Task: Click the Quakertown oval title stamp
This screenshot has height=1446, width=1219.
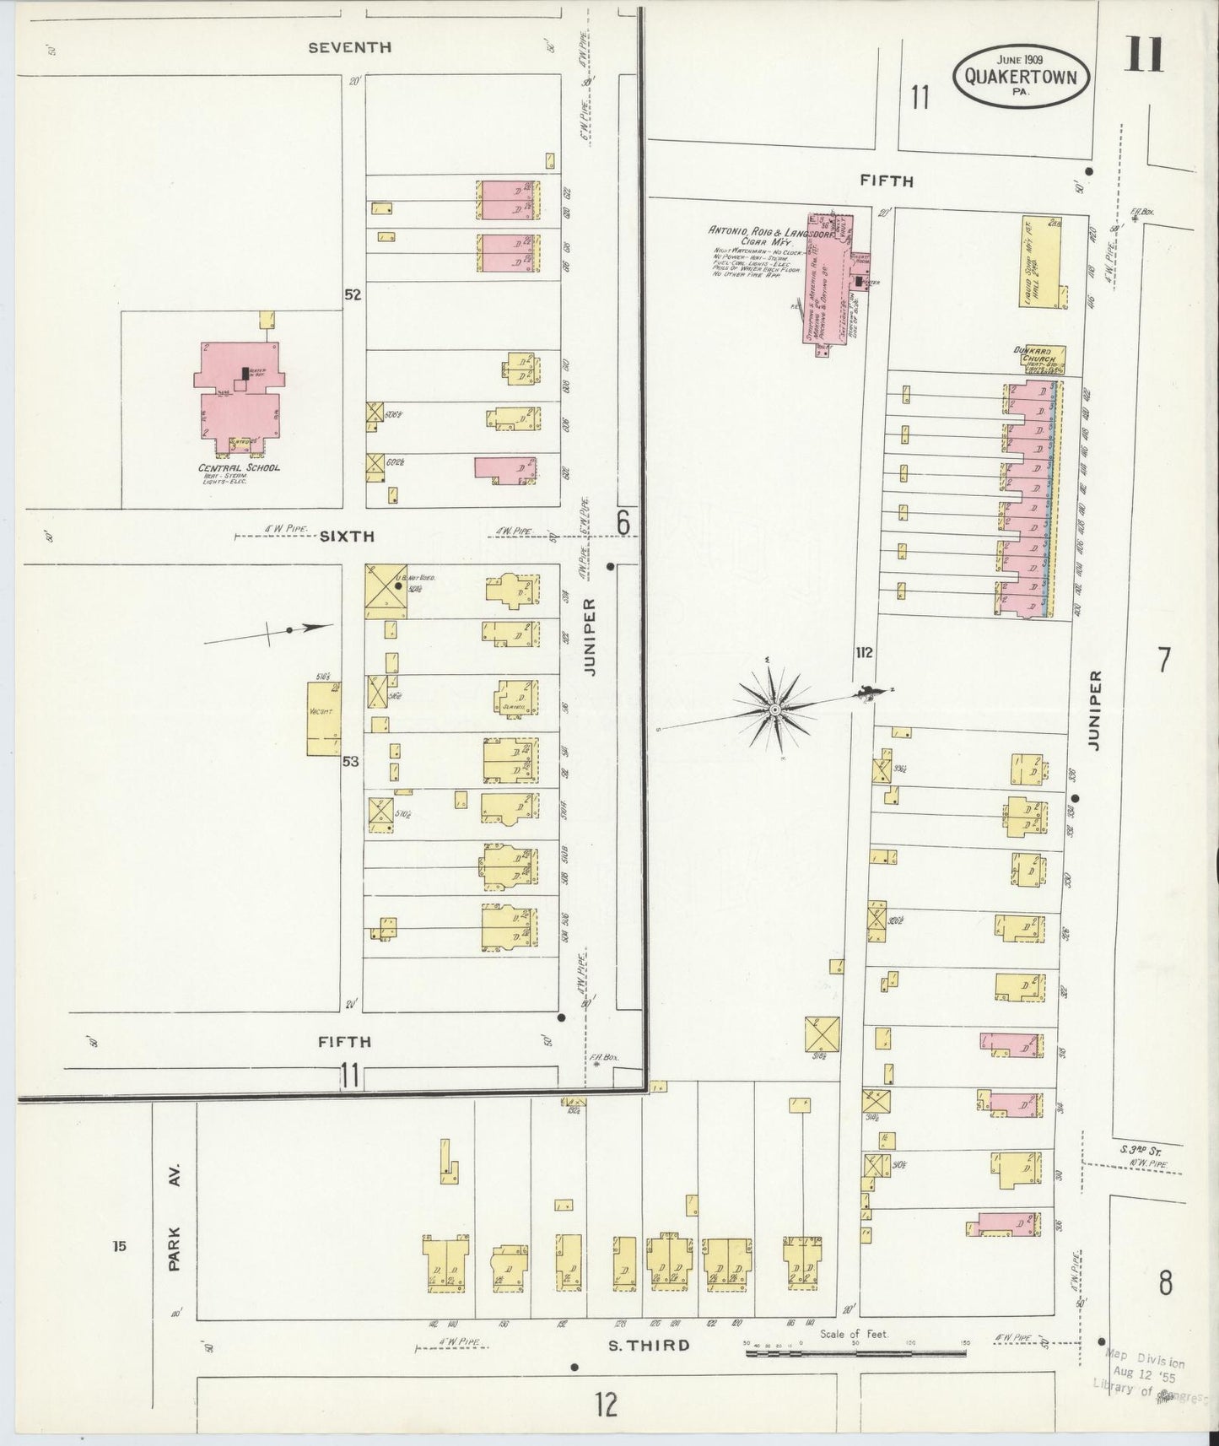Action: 1020,73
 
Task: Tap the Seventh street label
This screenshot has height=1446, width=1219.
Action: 349,48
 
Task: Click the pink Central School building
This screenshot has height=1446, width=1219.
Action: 238,397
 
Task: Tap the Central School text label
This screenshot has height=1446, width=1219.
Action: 239,467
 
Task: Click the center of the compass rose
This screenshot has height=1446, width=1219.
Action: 774,711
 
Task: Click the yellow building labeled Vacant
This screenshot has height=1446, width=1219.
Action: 323,718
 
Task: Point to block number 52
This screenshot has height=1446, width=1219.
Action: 352,295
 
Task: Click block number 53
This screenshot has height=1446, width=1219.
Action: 350,762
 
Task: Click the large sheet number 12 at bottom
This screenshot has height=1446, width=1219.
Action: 605,1405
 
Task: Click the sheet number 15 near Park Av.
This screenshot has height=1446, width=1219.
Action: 119,1245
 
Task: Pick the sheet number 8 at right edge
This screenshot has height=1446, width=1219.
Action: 1164,1283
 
